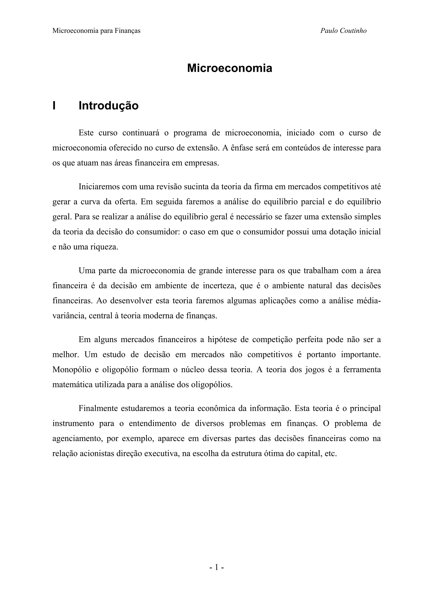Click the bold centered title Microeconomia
coord(229,68)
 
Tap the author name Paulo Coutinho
coord(343,31)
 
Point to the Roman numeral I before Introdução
coord(54,106)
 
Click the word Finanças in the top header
coord(127,31)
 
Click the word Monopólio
coord(70,370)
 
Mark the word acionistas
coord(96,454)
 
